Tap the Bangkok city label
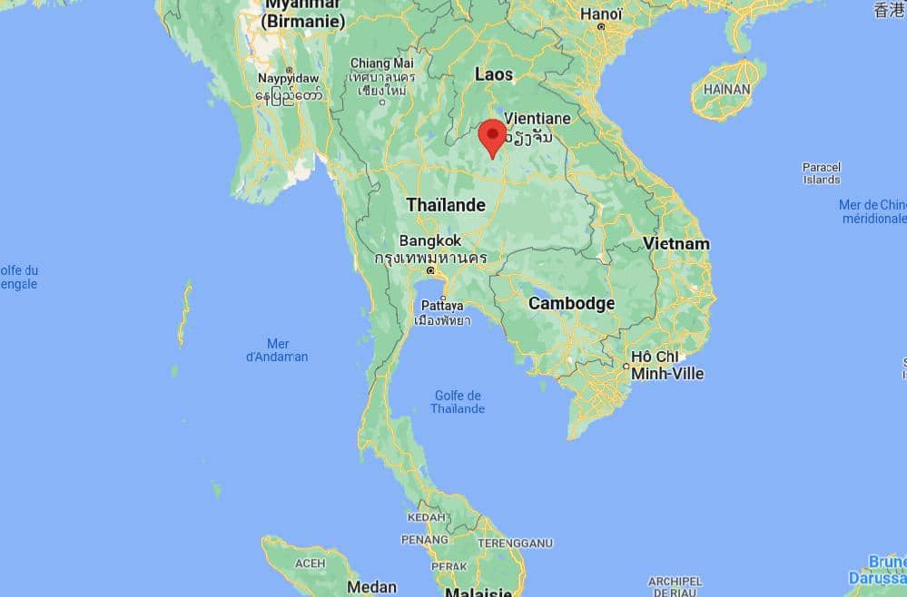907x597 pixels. tap(430, 241)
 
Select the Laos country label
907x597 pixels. tap(494, 74)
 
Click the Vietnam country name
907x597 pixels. tap(676, 243)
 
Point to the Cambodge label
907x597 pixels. tap(572, 303)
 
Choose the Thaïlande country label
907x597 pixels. tap(446, 205)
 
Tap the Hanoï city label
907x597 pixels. tap(601, 14)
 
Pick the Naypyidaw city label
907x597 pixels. tap(289, 79)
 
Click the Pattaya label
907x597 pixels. tap(442, 305)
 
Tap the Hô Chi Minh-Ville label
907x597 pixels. tap(667, 366)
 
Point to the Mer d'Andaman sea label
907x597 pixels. tap(277, 350)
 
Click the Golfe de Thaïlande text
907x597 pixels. tap(458, 402)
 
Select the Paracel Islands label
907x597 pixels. tap(822, 173)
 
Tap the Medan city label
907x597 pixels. tap(372, 587)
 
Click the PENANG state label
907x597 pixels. tap(425, 539)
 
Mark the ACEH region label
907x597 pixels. tap(310, 563)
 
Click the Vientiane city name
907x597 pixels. tap(537, 118)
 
